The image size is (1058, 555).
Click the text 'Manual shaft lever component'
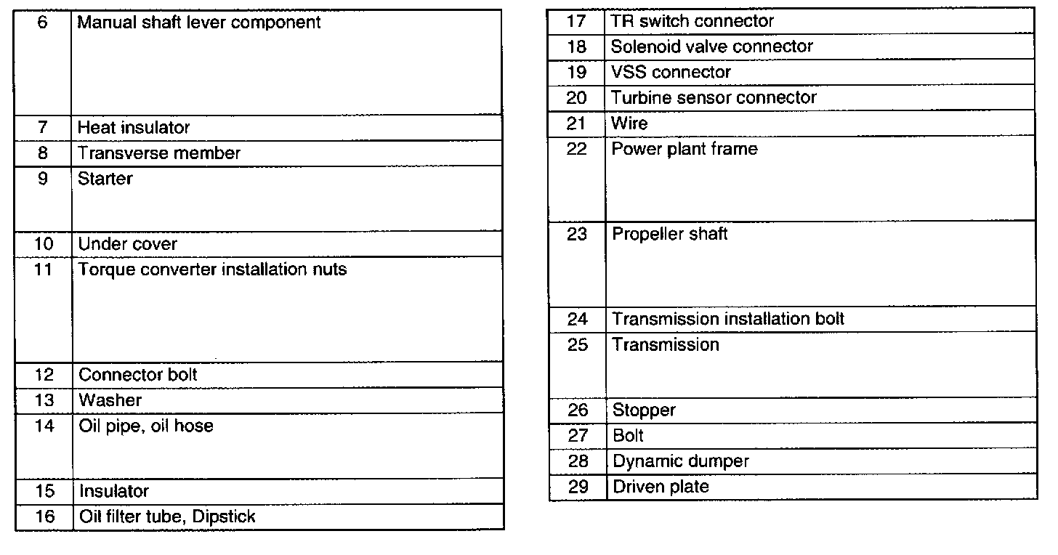pyautogui.click(x=198, y=23)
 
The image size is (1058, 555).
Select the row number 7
pyautogui.click(x=43, y=128)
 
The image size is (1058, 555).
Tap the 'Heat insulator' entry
pyautogui.click(x=134, y=128)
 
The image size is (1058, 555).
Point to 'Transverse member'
pyautogui.click(x=159, y=153)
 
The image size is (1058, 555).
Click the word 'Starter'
pyautogui.click(x=105, y=179)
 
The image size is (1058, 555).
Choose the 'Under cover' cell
pyautogui.click(x=127, y=244)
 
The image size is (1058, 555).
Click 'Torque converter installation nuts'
pyautogui.click(x=212, y=270)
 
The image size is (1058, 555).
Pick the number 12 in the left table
pyautogui.click(x=44, y=375)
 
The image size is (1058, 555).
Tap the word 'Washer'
pyautogui.click(x=110, y=400)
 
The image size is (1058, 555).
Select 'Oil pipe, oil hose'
pyautogui.click(x=146, y=426)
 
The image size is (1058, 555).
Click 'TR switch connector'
pyautogui.click(x=692, y=22)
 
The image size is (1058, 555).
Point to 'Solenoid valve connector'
pyautogui.click(x=711, y=47)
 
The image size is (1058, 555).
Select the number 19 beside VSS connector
pyautogui.click(x=576, y=73)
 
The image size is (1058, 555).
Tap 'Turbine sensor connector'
pyautogui.click(x=714, y=98)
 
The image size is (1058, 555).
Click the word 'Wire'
pyautogui.click(x=629, y=123)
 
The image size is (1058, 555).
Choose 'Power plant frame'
pyautogui.click(x=685, y=150)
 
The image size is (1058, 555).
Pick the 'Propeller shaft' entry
pyautogui.click(x=669, y=235)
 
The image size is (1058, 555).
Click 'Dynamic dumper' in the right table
pyautogui.click(x=680, y=461)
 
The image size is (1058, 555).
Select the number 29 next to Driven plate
pyautogui.click(x=577, y=487)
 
